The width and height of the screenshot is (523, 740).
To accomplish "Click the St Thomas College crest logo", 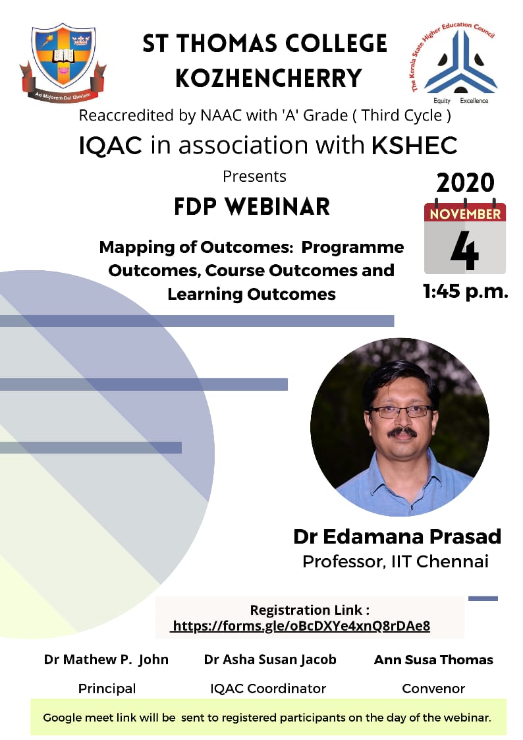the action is coord(63,62).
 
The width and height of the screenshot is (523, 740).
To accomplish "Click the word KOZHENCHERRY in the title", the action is coord(269,78).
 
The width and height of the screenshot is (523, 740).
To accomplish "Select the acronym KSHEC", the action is coord(414,145).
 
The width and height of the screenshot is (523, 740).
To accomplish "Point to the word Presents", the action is coord(254,177).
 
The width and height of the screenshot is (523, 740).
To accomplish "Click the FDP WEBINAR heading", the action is coord(252,207).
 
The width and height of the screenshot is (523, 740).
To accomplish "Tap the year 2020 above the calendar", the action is coord(465,183).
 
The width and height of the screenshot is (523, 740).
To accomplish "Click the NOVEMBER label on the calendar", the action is coord(465,213).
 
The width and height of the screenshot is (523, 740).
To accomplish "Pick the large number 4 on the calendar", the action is coord(464,250).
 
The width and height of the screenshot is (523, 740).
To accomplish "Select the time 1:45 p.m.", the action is coord(466,292).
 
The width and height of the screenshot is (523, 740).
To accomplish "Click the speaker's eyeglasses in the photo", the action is coord(401,411).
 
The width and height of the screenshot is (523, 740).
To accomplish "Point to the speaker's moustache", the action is coord(402,432).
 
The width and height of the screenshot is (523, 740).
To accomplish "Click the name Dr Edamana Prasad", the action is coord(397,536).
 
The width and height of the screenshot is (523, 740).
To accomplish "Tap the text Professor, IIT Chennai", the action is coord(395,561).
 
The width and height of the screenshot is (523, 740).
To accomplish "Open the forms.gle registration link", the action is coord(301,626).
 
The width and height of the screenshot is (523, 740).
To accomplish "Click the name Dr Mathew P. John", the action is coord(106,660).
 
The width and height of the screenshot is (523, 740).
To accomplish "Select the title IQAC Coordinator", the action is coord(268,689).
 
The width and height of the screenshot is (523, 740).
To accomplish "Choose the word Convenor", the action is coord(433,689).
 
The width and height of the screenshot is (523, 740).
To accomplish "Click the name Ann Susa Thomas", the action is coord(433,660).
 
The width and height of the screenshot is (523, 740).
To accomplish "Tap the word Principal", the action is coord(107,689).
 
